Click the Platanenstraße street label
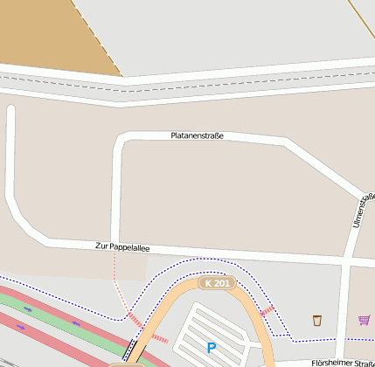tap(197, 135)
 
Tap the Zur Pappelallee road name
tap(122, 248)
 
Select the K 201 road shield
tap(217, 283)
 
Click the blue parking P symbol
tap(211, 347)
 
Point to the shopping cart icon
tap(364, 320)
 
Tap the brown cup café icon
tap(316, 320)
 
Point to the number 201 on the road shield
tap(222, 283)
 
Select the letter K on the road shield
tap(207, 283)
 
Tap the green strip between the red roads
tap(52, 315)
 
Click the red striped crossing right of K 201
tap(267, 310)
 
